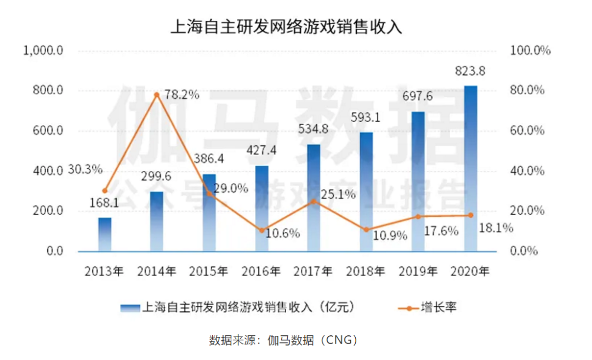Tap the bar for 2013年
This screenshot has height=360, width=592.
pyautogui.click(x=105, y=235)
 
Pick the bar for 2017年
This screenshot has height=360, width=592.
pyautogui.click(x=314, y=198)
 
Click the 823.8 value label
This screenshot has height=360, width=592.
pyautogui.click(x=470, y=71)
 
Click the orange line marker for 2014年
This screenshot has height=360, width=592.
pyautogui.click(x=156, y=95)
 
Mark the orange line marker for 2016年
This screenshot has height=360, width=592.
pyautogui.click(x=261, y=230)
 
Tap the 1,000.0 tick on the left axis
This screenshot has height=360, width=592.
pyautogui.click(x=44, y=50)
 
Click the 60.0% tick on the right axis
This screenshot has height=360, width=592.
pyautogui.click(x=527, y=131)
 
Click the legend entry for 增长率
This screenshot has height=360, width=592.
pyautogui.click(x=428, y=308)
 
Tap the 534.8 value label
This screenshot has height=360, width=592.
pyautogui.click(x=314, y=130)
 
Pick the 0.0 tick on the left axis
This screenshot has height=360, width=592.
pyautogui.click(x=52, y=252)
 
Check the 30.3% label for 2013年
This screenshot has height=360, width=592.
pyautogui.click(x=86, y=169)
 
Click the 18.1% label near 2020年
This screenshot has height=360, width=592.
pyautogui.click(x=496, y=228)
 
